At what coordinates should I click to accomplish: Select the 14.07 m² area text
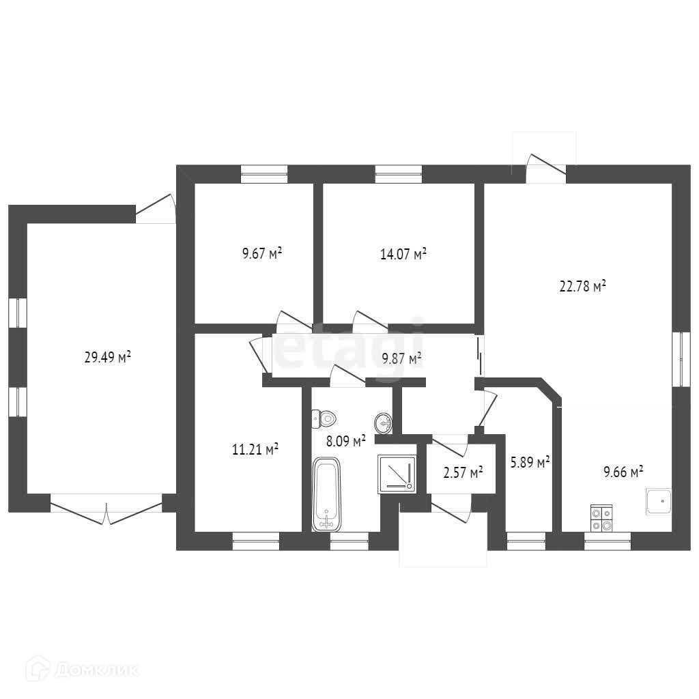tap(403, 255)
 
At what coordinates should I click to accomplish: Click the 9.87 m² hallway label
tap(401, 357)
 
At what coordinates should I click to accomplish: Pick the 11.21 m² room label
tap(255, 449)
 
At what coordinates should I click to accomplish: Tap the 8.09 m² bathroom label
tap(346, 441)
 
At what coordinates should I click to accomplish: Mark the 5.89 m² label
tap(530, 462)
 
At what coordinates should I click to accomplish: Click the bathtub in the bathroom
tap(328, 495)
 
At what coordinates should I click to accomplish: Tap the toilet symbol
tap(324, 417)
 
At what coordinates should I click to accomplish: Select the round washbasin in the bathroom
tap(384, 423)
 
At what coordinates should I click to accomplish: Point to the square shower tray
tap(397, 473)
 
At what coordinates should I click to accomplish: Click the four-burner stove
tap(601, 517)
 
